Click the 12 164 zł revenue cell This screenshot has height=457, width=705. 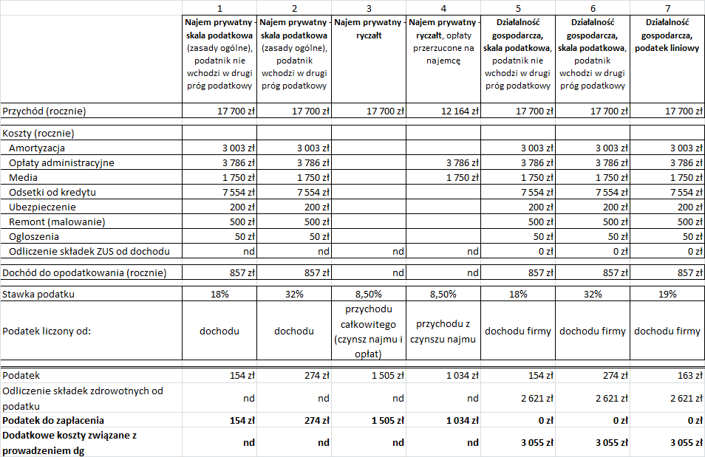pos(460,111)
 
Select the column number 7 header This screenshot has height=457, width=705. pos(667,7)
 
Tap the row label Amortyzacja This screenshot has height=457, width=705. pos(37,148)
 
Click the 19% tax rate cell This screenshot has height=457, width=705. pos(667,295)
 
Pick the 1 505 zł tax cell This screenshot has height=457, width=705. pos(386,376)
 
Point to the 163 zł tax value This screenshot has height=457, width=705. pos(684,376)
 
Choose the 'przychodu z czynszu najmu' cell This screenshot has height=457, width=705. pos(443,331)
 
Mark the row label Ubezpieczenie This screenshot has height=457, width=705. pos(44,207)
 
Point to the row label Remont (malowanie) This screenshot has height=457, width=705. pos(57,222)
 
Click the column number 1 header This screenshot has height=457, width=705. pos(219,7)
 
